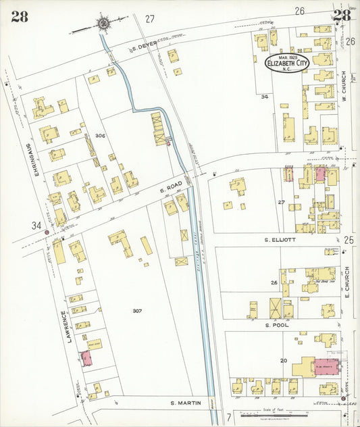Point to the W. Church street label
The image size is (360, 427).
[344, 86]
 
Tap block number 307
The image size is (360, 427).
[136, 311]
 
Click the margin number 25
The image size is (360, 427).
[349, 240]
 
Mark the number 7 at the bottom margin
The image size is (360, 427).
[228, 417]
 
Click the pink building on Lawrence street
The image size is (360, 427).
[86, 358]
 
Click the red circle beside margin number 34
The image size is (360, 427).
[47, 233]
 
